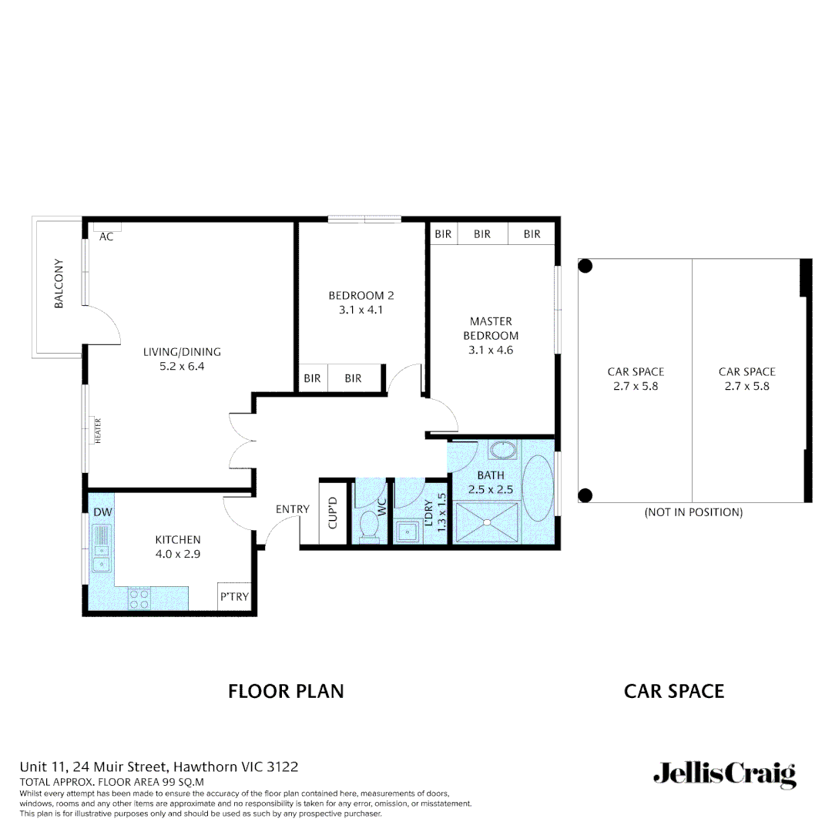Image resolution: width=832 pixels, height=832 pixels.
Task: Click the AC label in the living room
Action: click(106, 237)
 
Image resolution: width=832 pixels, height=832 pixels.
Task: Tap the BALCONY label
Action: click(59, 284)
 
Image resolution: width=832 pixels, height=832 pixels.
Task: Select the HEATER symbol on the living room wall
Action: click(98, 430)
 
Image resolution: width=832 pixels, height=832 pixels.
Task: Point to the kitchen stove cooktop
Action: click(139, 599)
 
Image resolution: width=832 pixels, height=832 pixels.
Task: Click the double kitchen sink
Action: click(101, 549)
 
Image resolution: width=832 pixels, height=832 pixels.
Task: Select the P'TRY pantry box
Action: click(233, 597)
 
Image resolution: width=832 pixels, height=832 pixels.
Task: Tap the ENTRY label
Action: click(292, 509)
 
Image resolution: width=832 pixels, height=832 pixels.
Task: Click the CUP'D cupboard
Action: click(333, 512)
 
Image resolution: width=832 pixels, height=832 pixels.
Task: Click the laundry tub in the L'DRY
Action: click(406, 531)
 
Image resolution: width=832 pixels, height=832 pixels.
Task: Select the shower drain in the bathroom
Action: click(486, 523)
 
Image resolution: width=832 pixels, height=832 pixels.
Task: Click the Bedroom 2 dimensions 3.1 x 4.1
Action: click(361, 310)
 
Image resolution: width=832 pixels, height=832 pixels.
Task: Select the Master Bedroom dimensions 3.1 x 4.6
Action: click(491, 350)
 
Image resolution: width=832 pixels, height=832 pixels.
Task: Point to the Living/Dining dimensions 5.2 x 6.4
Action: click(182, 367)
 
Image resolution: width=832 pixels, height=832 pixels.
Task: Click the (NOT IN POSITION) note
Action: click(693, 512)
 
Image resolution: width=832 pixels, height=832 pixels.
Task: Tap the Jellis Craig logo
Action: click(724, 774)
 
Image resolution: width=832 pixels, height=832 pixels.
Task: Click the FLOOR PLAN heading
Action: click(286, 691)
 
